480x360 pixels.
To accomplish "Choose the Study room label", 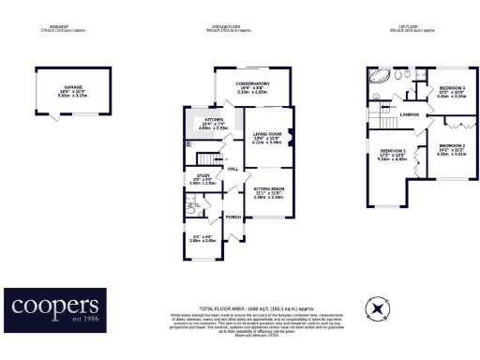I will click(x=203, y=175).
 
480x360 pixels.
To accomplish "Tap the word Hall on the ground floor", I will click(x=232, y=169).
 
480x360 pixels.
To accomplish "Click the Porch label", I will click(x=233, y=217).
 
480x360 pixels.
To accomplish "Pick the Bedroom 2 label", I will click(x=452, y=145).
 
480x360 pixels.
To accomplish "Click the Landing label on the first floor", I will click(x=409, y=115).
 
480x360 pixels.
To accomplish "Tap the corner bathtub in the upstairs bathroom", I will click(x=382, y=76).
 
